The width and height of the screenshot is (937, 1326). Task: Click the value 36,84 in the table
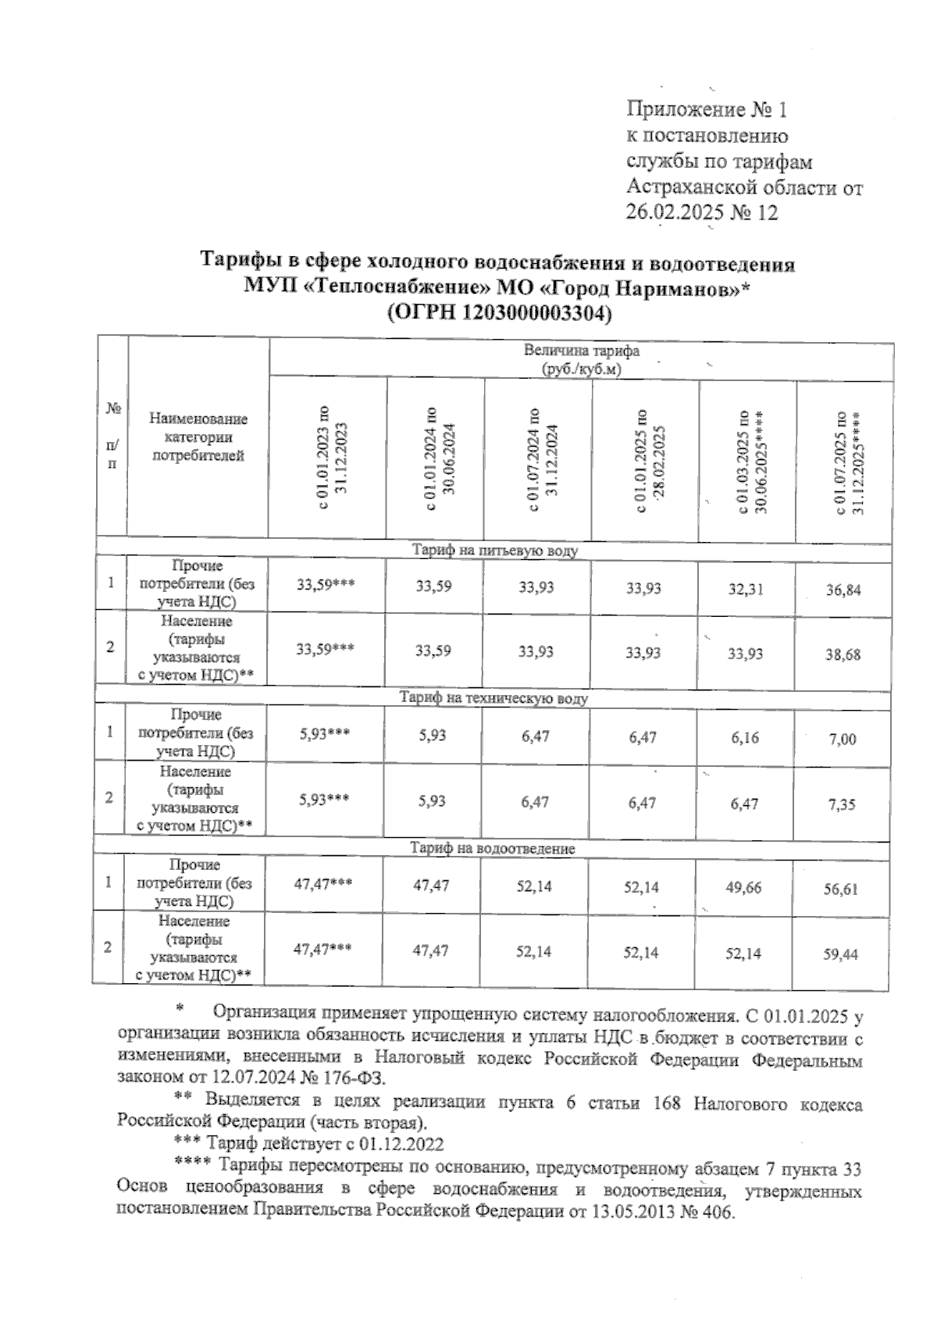click(x=843, y=590)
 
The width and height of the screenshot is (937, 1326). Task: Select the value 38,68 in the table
click(x=843, y=655)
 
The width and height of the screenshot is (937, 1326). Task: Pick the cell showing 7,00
click(x=843, y=740)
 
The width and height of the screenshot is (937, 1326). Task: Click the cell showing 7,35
click(x=843, y=804)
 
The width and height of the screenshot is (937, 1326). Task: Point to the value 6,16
click(x=745, y=738)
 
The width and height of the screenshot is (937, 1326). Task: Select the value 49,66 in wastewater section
click(x=743, y=888)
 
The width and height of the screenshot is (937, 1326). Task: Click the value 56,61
click(x=842, y=889)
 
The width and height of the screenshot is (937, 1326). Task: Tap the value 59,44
click(x=842, y=954)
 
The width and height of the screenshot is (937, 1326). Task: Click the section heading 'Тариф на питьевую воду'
click(x=494, y=551)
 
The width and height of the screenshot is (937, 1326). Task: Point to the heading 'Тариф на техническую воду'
click(x=493, y=698)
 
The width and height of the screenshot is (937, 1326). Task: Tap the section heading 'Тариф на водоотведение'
click(x=493, y=848)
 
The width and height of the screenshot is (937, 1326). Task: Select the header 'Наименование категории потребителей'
click(x=198, y=437)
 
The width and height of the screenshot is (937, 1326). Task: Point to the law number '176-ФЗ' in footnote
click(x=351, y=1078)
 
